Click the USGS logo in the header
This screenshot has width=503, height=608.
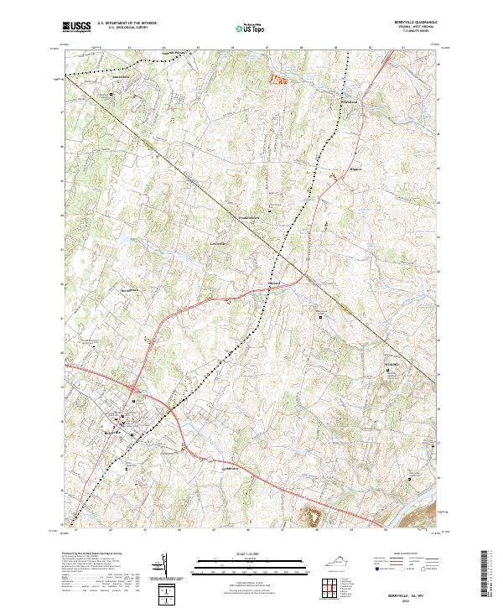pos(75,28)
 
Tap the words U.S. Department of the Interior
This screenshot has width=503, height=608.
pos(127,23)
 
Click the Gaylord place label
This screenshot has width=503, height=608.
pos(274,283)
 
